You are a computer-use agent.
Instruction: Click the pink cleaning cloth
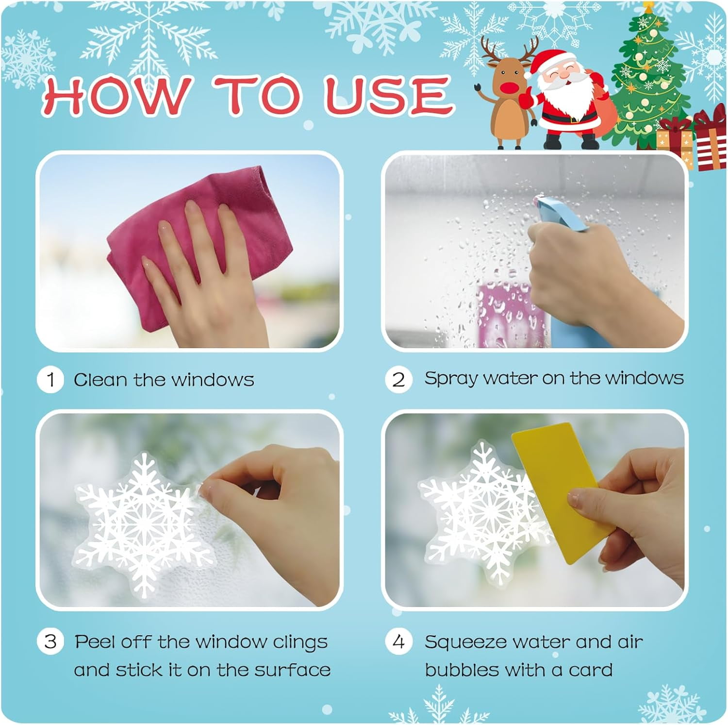[194, 243]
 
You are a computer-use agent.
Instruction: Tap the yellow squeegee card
[558, 490]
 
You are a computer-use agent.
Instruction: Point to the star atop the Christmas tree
[648, 7]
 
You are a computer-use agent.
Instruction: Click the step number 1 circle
[50, 380]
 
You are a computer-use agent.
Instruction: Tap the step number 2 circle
[398, 379]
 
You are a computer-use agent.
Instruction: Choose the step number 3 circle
[50, 641]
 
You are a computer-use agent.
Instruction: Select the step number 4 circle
[398, 641]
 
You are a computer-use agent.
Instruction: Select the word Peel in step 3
[95, 641]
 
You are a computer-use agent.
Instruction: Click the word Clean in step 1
[100, 380]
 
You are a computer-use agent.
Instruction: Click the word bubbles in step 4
[455, 670]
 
